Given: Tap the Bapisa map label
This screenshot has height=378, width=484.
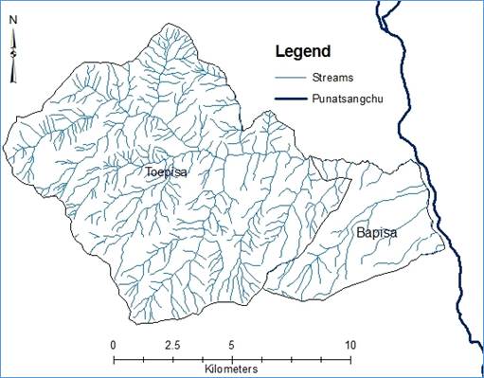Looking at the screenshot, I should [x=377, y=231].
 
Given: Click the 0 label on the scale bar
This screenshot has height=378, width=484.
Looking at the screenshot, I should [x=114, y=344].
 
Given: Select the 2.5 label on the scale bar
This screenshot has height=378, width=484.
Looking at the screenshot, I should [x=172, y=344].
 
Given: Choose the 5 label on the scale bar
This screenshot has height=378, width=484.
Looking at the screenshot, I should [x=232, y=344].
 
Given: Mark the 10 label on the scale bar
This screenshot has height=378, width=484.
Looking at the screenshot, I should [x=350, y=344].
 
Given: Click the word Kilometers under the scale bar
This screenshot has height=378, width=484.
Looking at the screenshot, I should [x=232, y=368].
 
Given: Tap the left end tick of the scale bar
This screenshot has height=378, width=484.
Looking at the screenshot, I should [x=114, y=358].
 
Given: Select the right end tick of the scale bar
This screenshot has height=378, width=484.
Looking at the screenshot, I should [x=350, y=358].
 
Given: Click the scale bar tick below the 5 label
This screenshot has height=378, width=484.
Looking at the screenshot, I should [x=232, y=358].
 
